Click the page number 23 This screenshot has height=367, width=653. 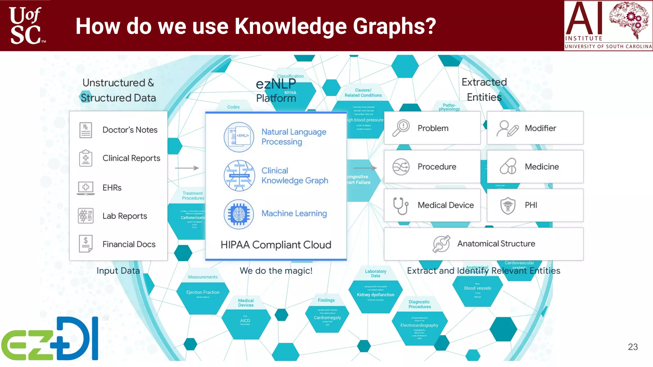point(633,347)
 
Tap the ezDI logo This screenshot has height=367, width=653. point(50,339)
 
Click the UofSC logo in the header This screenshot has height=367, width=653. point(26,25)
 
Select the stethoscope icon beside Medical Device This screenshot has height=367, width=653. point(400,205)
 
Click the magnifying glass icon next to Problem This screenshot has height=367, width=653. point(401,128)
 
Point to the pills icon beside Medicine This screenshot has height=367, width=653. point(508,167)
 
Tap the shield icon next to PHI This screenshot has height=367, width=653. point(508,205)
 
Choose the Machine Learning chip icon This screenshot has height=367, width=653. point(239,214)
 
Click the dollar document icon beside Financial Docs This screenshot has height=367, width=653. point(85,244)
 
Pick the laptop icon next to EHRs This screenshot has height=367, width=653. point(86,188)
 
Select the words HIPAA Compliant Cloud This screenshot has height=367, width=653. point(276,245)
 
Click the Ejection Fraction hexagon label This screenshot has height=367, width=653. point(203,292)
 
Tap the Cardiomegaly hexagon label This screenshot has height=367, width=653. point(327,318)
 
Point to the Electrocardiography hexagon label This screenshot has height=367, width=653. point(419,325)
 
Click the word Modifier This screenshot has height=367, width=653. point(540,128)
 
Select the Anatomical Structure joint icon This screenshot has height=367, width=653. point(441,244)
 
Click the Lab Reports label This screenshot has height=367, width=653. point(125,216)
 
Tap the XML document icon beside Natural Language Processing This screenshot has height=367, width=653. point(239,137)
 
